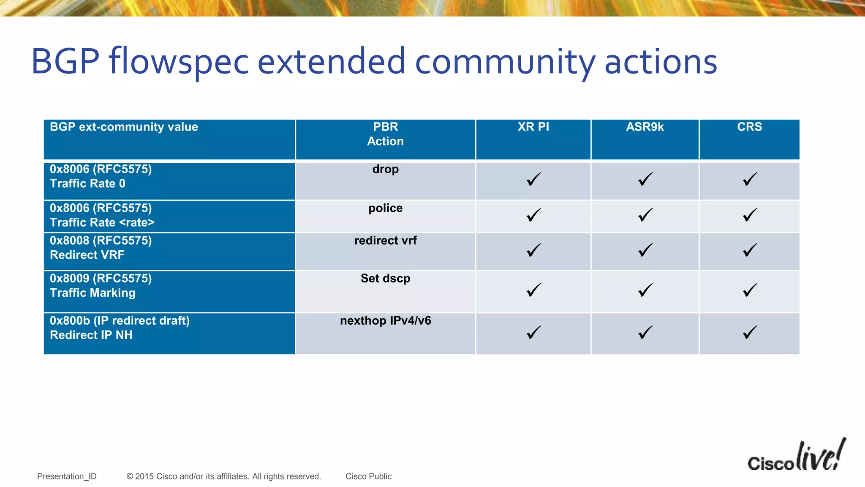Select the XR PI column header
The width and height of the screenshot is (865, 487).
coord(533,127)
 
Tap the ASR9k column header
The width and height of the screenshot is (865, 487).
coord(645,127)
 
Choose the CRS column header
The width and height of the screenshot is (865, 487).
coord(749,127)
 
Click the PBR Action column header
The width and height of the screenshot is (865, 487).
coord(385,134)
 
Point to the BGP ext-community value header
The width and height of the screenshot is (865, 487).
coord(124,127)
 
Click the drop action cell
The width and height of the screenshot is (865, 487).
coord(385,170)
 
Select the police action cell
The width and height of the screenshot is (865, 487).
coord(385,208)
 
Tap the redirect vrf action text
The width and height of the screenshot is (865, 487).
coord(385,241)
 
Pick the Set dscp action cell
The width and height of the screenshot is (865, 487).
coord(385,279)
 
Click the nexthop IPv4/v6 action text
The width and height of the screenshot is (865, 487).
coord(385,321)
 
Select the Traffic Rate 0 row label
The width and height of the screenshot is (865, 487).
coord(87,183)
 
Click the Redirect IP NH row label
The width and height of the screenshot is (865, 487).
coord(91,335)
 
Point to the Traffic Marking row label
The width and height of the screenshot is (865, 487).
coord(92,293)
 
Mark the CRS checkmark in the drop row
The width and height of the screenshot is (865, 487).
coord(749,180)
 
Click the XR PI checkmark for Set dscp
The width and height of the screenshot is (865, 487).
coord(533,290)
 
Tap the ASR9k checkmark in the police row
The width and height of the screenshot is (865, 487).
coord(645,215)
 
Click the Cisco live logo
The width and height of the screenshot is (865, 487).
coord(796,457)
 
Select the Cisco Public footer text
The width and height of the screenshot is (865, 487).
coord(368,476)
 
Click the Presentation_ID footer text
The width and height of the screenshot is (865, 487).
coord(67,476)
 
